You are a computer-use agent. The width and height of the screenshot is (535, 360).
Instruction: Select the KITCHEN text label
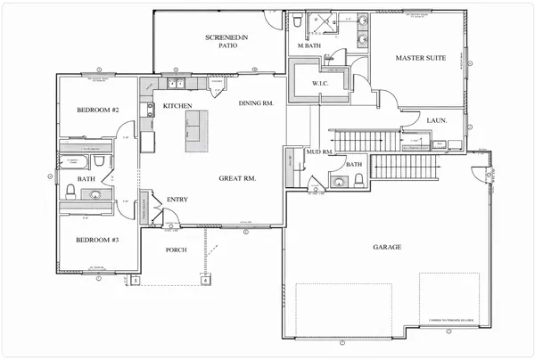tap(178, 106)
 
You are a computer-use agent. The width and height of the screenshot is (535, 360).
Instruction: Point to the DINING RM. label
tap(256, 103)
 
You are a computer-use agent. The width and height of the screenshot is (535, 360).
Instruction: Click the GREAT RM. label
tap(237, 179)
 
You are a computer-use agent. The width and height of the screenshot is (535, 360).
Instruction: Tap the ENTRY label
tap(177, 200)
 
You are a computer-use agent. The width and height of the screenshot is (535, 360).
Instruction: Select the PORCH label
tap(177, 250)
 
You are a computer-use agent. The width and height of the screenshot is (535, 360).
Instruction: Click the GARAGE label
tap(386, 246)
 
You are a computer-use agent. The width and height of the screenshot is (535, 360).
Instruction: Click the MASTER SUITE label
tap(420, 58)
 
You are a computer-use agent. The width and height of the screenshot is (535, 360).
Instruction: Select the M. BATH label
tap(309, 45)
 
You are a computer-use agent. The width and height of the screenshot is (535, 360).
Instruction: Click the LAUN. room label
tap(437, 120)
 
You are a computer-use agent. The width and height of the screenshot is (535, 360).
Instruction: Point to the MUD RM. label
tap(319, 152)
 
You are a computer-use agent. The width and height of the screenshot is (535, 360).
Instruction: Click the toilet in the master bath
tap(296, 20)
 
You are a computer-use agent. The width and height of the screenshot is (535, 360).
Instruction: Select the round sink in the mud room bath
tap(338, 182)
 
